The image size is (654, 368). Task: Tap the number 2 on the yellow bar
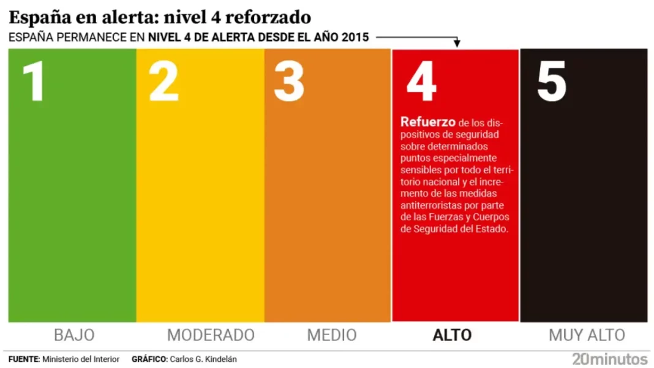(x=163, y=82)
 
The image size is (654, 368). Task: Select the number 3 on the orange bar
(x=289, y=82)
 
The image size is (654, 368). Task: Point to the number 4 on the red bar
(x=421, y=82)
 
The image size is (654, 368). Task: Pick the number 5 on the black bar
(x=551, y=82)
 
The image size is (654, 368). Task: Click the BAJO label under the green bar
(x=74, y=335)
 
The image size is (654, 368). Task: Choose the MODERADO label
(x=211, y=335)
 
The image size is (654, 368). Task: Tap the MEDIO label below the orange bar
(x=331, y=335)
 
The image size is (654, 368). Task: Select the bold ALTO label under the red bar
(x=452, y=335)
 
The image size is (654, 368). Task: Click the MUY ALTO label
(x=587, y=335)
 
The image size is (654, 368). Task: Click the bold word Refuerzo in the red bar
(x=428, y=122)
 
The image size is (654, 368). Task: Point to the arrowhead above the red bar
(x=457, y=43)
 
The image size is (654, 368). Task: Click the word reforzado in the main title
(x=268, y=17)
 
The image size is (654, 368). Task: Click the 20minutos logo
(x=609, y=359)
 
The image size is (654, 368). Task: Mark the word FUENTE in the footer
(x=23, y=359)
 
